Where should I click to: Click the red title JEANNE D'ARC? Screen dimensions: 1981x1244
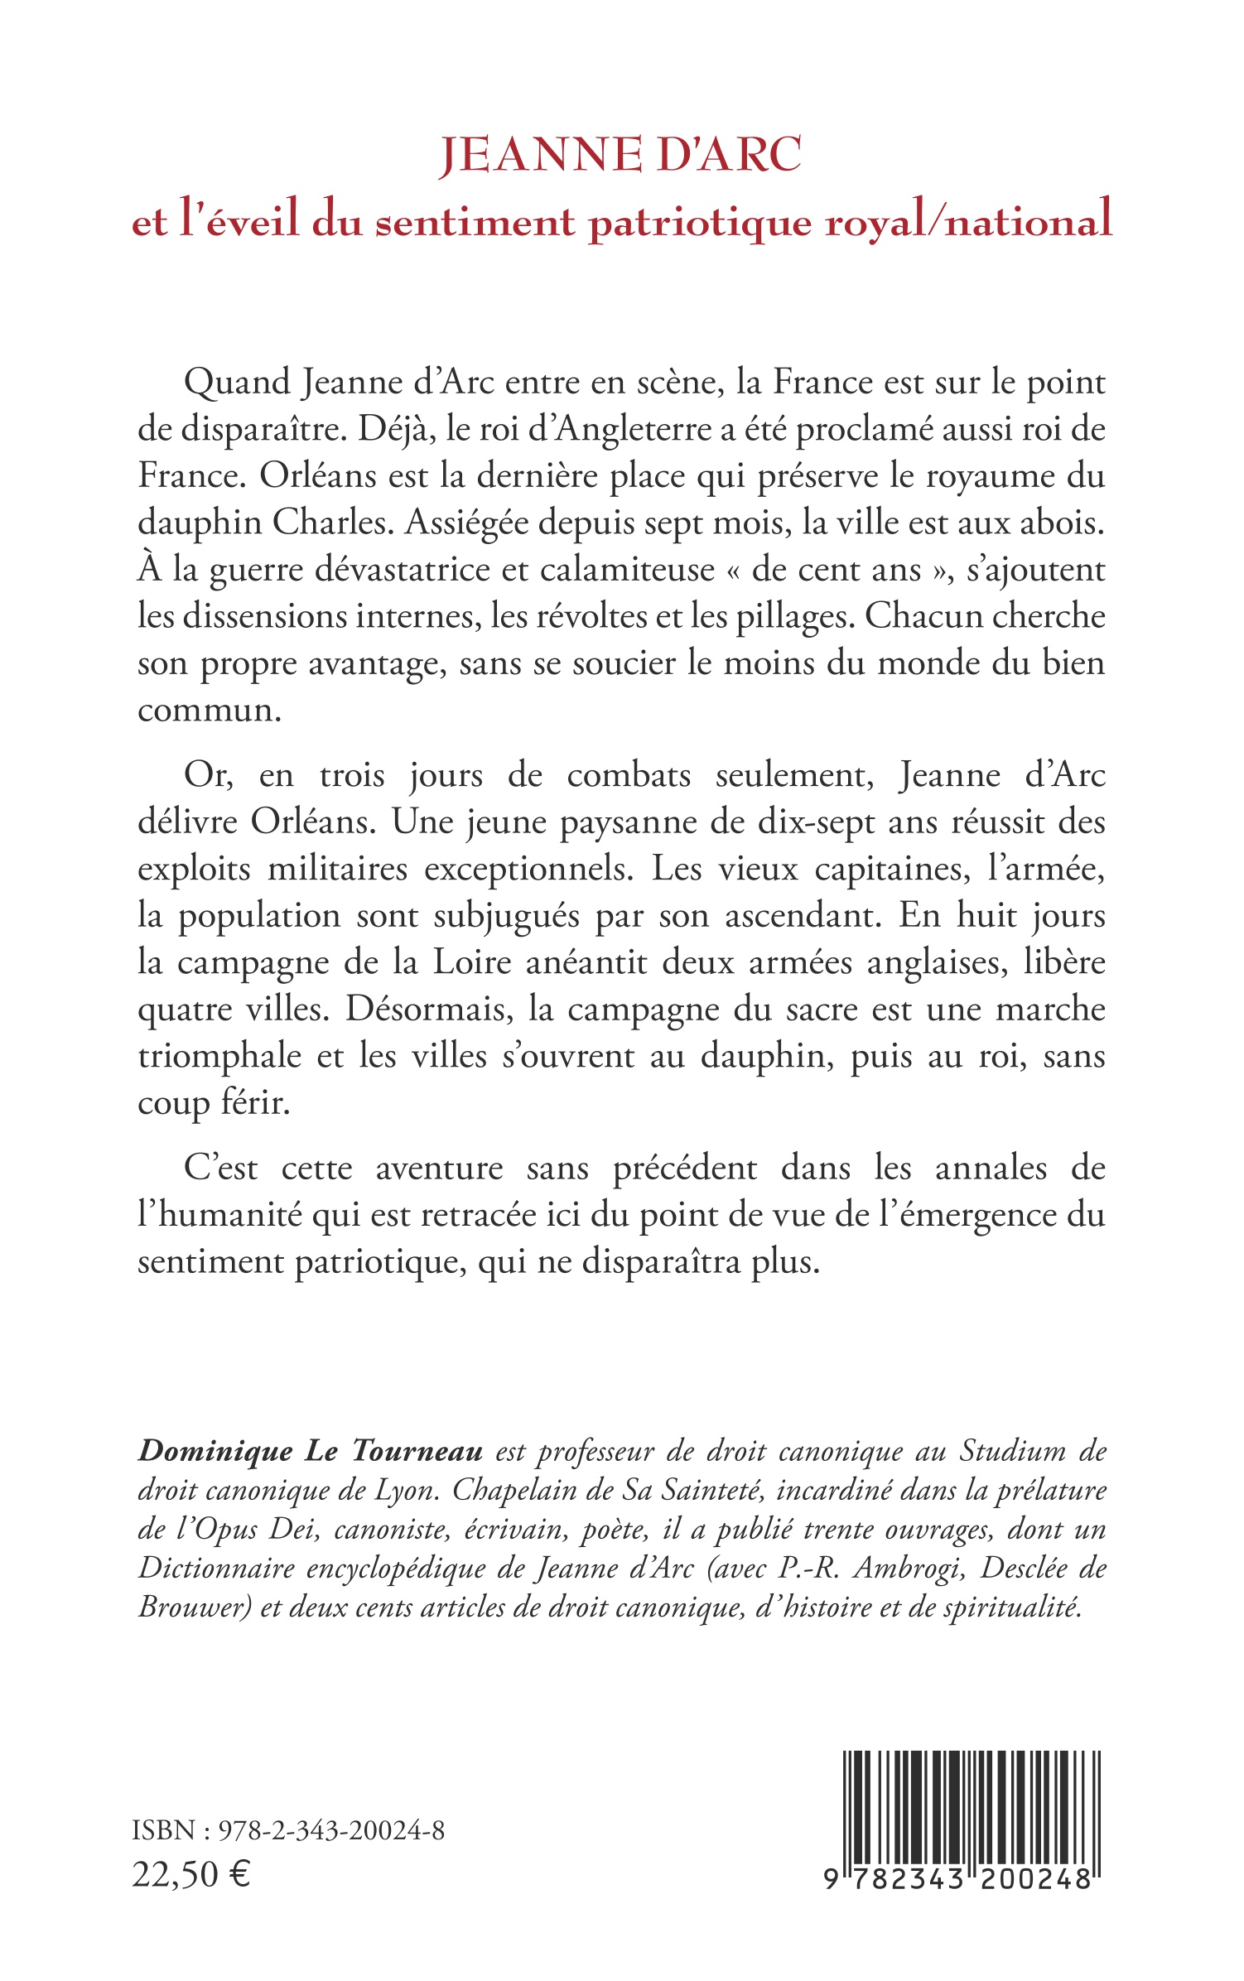tap(620, 156)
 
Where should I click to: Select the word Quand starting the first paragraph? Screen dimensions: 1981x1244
tap(236, 383)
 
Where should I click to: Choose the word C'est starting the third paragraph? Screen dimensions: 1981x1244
tap(220, 1169)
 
